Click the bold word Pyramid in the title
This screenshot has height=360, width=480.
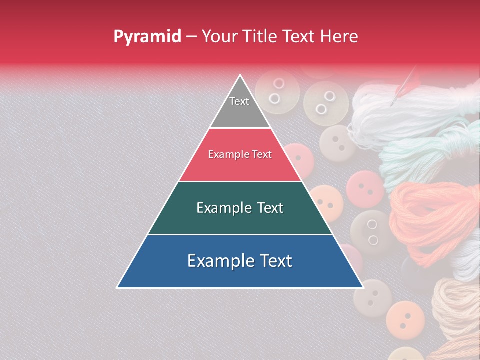tap(147, 37)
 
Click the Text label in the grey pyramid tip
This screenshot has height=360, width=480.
tap(239, 101)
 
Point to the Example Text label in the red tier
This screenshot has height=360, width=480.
tap(240, 155)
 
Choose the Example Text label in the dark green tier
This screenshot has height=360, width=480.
tap(240, 208)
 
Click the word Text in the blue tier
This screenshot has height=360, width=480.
tap(274, 261)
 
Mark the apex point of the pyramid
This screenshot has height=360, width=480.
tap(240, 75)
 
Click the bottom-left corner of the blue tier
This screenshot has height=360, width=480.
tap(117, 288)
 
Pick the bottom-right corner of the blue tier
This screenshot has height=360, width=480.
tap(363, 288)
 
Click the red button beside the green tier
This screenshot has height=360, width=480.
tap(365, 189)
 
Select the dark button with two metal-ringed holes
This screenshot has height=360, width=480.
tap(371, 231)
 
